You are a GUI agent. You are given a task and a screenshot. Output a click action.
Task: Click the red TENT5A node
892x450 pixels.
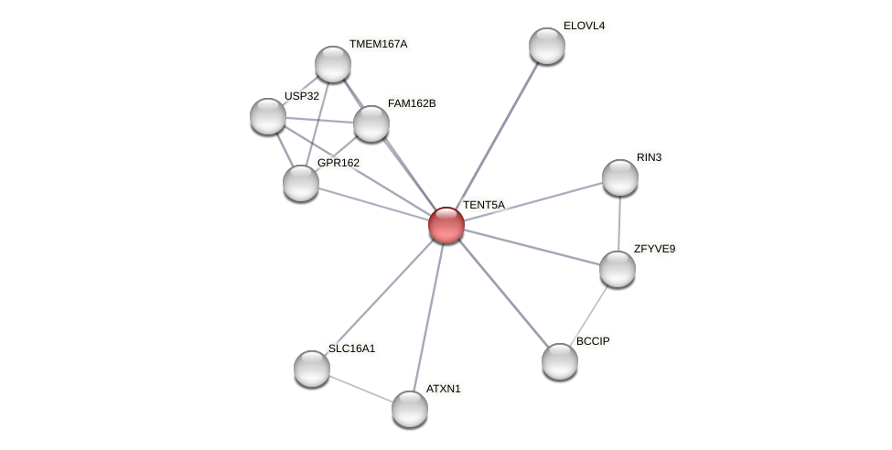coord(446,224)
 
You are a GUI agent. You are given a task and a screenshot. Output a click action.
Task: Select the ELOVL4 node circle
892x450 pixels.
coord(547,46)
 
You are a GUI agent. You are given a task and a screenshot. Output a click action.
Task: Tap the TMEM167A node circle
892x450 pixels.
coord(333,64)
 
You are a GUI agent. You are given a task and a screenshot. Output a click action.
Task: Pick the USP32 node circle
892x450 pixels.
coord(268,116)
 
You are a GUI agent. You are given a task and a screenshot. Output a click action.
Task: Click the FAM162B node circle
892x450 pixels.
coord(371,123)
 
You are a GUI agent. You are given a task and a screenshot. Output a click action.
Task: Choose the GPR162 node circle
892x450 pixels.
coord(301,183)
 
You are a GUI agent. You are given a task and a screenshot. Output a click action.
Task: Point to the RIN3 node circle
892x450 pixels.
coord(619,177)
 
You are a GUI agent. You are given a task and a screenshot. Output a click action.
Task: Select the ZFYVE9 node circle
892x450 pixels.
coord(618,269)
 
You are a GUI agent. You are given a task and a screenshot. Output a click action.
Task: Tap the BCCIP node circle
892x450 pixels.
coord(560,361)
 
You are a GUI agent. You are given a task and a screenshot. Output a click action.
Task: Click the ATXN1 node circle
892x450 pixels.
coord(410,409)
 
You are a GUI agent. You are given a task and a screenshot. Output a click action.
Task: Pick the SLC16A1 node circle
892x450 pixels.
coord(312,368)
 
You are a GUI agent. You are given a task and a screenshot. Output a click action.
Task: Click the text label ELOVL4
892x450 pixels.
coord(584,26)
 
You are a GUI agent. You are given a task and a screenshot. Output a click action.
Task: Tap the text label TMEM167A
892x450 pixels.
coord(378,44)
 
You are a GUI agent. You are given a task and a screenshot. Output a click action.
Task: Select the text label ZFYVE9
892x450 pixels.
coord(654,249)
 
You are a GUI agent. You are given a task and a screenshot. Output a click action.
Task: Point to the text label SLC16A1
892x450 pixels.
coord(351,348)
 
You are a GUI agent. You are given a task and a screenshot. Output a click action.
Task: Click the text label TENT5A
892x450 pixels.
coord(483,205)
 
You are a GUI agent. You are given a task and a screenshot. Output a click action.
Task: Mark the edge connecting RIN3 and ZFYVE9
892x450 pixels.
coord(619,223)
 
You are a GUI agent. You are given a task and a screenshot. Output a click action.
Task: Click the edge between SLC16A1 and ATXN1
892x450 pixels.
coord(360,388)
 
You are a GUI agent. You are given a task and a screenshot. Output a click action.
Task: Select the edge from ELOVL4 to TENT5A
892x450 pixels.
coord(497,134)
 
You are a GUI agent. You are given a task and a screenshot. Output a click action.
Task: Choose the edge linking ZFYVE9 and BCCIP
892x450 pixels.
coord(589,315)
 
